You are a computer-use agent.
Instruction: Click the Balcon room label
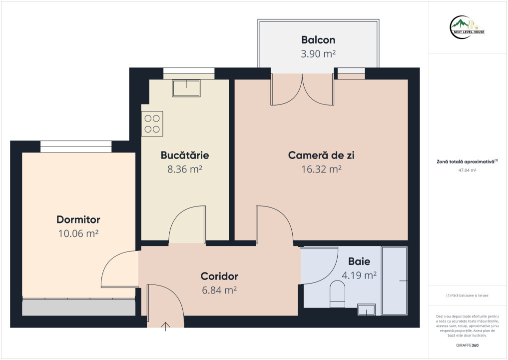318,40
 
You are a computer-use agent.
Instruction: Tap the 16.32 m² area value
321,169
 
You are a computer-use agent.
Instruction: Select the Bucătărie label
185,155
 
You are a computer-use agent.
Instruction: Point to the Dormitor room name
78,219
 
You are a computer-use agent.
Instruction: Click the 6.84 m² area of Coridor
219,290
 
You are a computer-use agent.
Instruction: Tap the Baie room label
359,261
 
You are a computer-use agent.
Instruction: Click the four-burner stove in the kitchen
152,123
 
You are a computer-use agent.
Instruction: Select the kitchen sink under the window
186,88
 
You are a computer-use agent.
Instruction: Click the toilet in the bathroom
337,294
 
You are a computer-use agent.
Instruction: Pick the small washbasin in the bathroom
367,309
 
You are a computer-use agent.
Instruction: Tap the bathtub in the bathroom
394,280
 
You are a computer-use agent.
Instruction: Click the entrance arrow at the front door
165,326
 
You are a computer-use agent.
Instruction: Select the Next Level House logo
467,27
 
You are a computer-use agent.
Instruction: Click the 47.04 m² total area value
467,170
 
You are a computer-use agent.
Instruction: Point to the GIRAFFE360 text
467,345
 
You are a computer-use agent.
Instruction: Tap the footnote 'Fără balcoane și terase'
467,295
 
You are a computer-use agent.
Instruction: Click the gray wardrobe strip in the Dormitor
78,307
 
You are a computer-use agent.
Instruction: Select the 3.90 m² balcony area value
318,53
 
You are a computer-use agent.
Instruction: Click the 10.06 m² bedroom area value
78,233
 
